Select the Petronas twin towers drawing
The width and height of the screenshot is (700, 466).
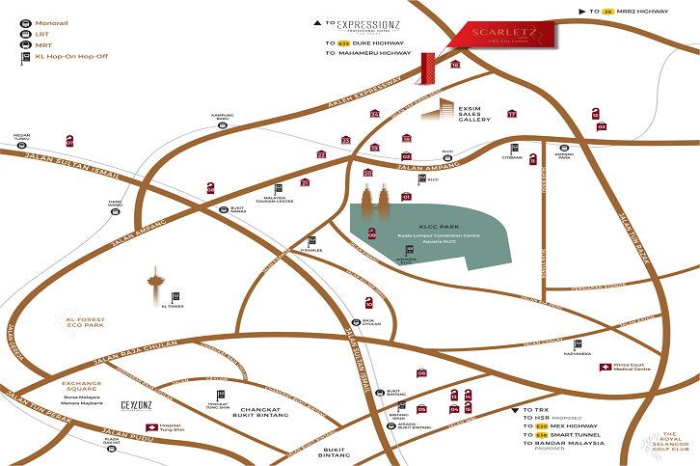(376, 202)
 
